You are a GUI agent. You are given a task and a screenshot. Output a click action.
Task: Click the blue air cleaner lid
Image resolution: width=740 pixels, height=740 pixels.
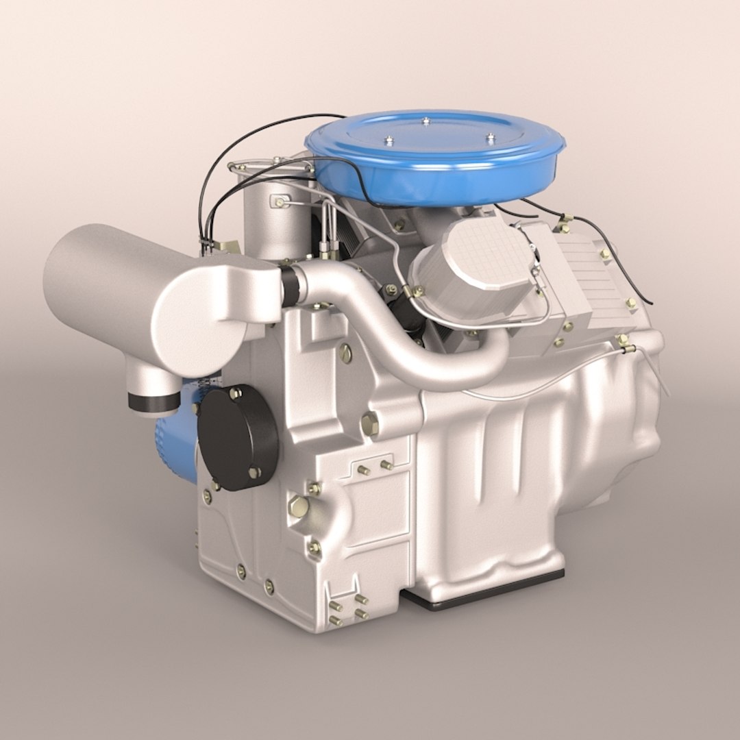435,147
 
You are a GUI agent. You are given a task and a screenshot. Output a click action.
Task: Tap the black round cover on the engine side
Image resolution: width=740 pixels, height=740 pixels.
238,436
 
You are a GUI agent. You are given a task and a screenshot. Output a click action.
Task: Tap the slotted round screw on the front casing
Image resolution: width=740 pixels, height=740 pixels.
346,354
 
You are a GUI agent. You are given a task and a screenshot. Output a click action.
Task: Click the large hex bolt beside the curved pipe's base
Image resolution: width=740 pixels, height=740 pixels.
369,424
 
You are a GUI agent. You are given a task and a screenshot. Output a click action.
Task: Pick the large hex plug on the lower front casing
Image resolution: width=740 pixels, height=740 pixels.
298,507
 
